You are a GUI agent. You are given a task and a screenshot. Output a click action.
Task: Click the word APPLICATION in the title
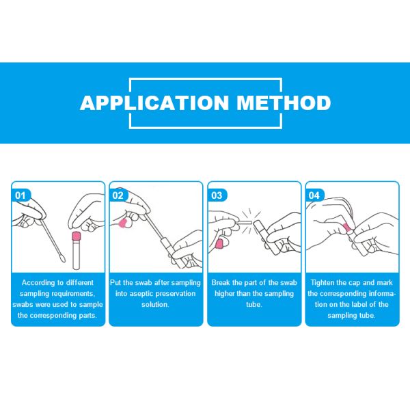click(x=154, y=102)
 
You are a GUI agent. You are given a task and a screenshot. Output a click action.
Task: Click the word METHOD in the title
click(x=284, y=102)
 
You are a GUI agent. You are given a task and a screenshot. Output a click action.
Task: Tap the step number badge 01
click(x=20, y=195)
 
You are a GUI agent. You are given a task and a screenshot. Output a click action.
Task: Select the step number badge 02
click(x=118, y=195)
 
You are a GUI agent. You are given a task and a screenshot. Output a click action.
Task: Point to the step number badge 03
click(x=217, y=195)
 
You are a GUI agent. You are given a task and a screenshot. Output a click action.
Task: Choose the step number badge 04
click(x=314, y=195)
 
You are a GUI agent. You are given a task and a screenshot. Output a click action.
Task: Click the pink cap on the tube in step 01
click(x=77, y=236)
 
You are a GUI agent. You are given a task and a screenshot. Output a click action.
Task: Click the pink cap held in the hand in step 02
click(x=122, y=223)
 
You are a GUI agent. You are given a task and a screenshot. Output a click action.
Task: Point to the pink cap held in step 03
click(x=219, y=244)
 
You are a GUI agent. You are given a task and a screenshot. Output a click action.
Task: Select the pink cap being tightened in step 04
click(x=346, y=228)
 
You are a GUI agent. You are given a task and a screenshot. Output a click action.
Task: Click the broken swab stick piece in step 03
click(x=245, y=223)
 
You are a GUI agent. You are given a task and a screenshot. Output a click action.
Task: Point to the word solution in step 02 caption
click(x=155, y=305)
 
